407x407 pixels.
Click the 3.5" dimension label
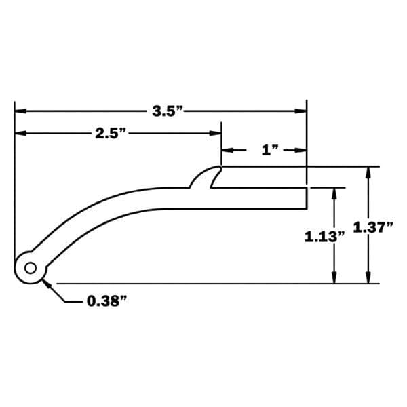(x=168, y=111)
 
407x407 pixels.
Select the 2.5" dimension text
(x=111, y=134)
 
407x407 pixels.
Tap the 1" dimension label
(x=270, y=150)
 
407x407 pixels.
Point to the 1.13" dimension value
(x=324, y=237)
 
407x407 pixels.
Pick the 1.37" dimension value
(x=373, y=227)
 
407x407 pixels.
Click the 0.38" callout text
(x=106, y=301)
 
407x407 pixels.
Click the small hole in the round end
(x=31, y=268)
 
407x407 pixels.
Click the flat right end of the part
(x=307, y=198)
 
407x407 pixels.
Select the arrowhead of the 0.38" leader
(x=46, y=283)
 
